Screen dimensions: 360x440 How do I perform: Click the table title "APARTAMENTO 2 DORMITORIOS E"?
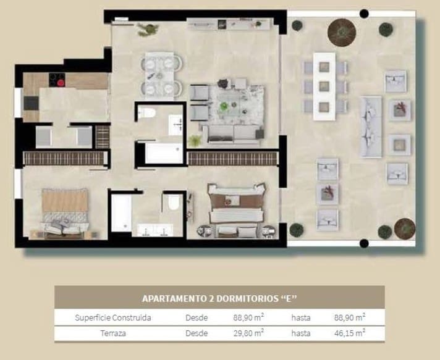(x=219, y=298)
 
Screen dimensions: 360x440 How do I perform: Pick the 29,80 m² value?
(x=249, y=333)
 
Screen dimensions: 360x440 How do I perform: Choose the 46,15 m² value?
(x=350, y=333)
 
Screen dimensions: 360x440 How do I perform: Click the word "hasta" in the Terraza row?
(x=301, y=333)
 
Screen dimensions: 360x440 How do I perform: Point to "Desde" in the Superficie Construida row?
(x=197, y=317)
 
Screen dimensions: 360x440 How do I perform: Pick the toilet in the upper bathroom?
(x=146, y=112)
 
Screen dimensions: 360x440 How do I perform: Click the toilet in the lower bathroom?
(x=174, y=202)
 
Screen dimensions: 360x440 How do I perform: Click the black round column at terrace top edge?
(x=363, y=13)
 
